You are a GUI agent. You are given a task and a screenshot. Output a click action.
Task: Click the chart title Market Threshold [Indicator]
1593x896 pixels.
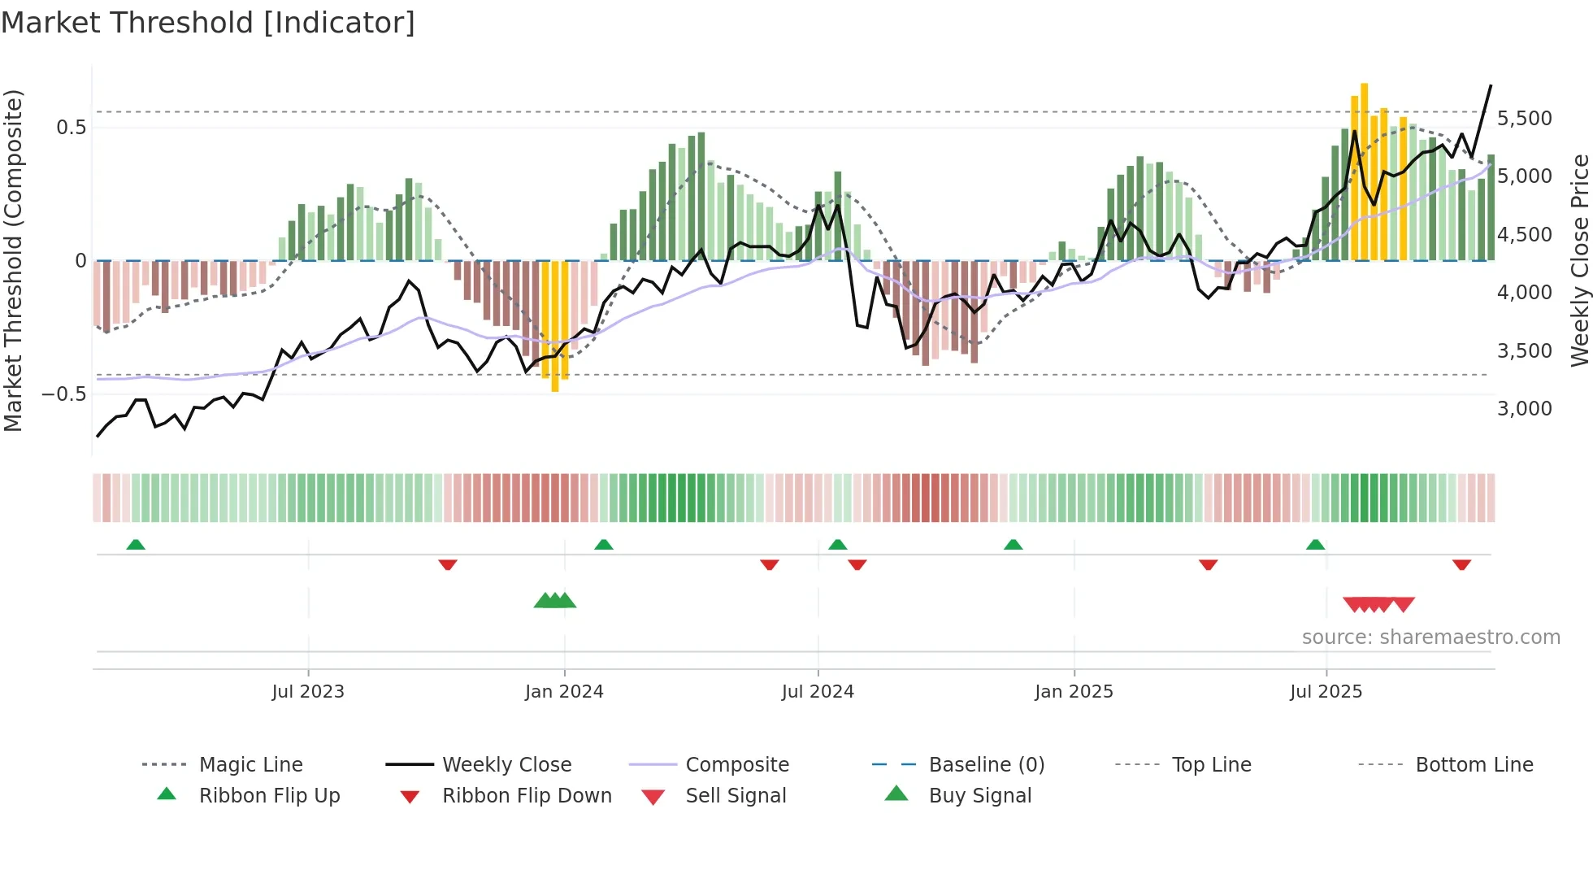pos(208,23)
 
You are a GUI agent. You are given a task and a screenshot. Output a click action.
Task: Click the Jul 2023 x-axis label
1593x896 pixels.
pos(308,692)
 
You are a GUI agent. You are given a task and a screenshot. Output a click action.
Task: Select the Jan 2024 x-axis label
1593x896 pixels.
pos(564,692)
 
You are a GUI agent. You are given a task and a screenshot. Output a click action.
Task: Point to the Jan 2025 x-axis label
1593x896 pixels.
pos(1074,692)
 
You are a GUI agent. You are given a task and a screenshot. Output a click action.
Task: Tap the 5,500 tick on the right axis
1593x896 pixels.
pos(1524,119)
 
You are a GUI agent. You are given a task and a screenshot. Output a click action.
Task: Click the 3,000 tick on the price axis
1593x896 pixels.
pos(1524,409)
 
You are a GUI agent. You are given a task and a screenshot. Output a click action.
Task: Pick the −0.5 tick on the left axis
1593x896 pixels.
pos(63,394)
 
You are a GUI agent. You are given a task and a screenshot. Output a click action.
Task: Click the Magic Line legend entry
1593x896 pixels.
pos(250,765)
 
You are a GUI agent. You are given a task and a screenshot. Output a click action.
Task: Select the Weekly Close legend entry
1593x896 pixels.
pos(506,765)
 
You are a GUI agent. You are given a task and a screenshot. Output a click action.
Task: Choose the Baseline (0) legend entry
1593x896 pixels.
pos(986,765)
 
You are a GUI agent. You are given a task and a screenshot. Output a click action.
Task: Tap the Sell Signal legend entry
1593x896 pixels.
pos(736,796)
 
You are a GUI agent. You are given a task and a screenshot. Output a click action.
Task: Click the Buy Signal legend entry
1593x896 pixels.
pos(979,796)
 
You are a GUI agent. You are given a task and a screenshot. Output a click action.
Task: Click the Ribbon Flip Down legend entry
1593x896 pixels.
pos(527,796)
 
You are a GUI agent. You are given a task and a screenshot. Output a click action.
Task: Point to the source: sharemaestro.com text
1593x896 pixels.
pos(1430,637)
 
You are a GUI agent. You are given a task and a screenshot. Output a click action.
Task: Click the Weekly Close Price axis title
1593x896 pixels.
pos(1579,260)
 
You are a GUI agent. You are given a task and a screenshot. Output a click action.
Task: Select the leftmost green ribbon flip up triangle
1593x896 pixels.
pos(136,545)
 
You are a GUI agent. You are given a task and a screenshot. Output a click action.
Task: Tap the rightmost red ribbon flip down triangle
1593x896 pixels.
pos(1461,564)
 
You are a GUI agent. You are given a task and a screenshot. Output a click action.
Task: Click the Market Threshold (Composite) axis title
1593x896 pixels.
pos(13,260)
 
